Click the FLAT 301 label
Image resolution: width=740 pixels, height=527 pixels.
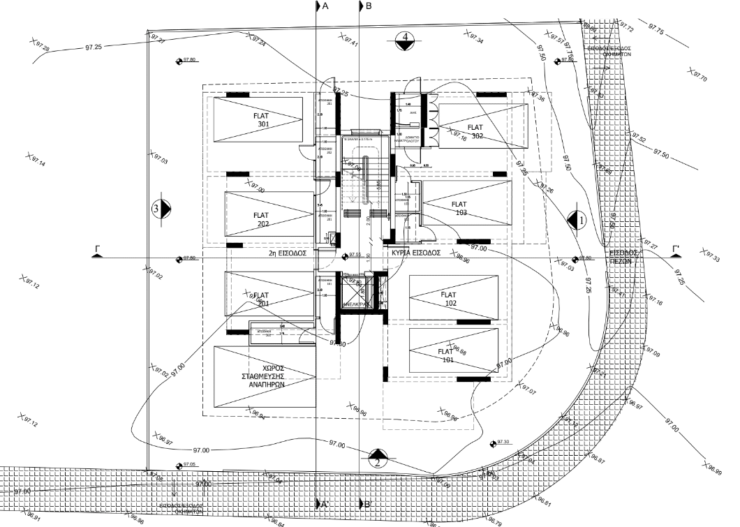263,119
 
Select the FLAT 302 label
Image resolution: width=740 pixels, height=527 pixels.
476,131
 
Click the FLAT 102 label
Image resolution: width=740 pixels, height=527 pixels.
448,299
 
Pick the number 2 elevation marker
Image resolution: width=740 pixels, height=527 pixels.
377,458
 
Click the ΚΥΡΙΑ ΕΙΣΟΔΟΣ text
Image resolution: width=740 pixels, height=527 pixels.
415,253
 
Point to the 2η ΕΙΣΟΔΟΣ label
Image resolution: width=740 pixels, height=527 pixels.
288,254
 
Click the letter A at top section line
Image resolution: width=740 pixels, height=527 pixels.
325,6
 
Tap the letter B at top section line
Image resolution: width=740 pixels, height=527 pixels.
369,6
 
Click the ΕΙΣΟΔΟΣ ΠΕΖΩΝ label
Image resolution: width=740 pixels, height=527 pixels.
623,255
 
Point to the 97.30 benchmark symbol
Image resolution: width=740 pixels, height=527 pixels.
494,443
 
